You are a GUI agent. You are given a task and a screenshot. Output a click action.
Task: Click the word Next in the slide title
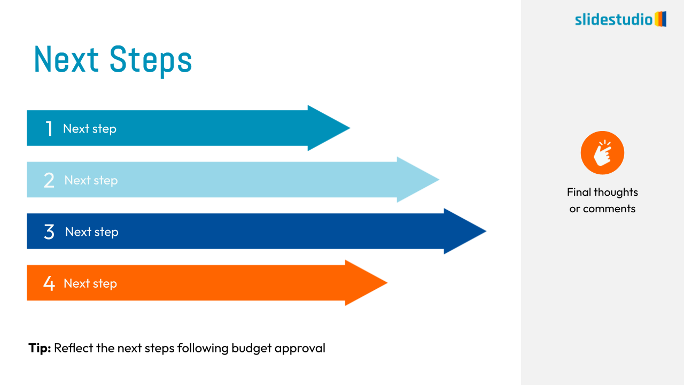pos(67,59)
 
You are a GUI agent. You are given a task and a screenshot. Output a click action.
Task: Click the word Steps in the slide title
pos(151,61)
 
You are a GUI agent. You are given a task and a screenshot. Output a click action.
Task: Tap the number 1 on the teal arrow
pos(49,128)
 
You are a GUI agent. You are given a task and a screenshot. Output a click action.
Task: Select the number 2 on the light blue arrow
pos(49,180)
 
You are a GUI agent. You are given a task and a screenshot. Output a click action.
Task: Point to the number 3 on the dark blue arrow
pos(49,232)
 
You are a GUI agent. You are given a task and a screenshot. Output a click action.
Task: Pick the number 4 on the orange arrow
pos(49,283)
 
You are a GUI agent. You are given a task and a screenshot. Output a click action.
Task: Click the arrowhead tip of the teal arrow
pos(350,128)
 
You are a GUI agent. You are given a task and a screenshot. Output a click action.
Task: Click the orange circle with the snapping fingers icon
pos(602,153)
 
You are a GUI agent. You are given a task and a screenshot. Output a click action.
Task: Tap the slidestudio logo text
pos(614,20)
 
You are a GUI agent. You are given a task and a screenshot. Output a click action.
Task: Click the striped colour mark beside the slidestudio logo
pos(660,19)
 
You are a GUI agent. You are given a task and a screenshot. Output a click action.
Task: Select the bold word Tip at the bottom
pos(40,348)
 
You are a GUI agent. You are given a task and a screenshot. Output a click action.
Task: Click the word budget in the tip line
pos(251,348)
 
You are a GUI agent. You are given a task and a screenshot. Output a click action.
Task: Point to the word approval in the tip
pos(300,349)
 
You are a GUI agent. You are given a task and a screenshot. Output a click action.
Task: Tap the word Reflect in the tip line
pos(73,348)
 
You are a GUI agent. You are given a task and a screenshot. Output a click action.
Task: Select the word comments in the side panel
pos(609,209)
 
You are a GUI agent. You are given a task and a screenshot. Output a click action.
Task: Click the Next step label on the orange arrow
pos(90,284)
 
